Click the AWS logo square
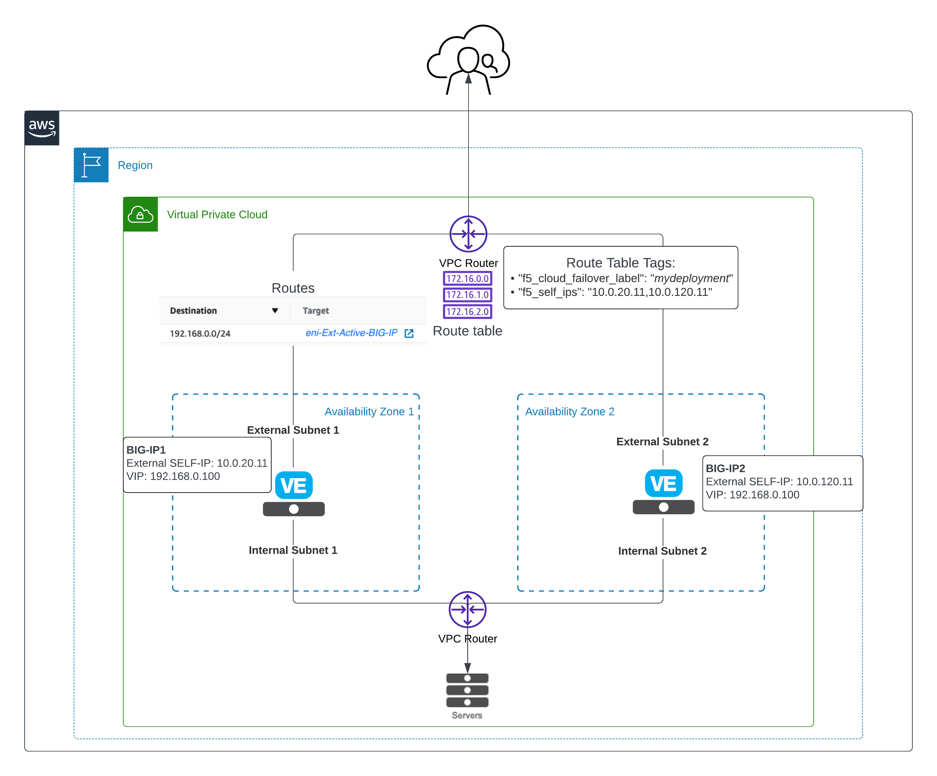coord(42,128)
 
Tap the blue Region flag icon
coord(91,165)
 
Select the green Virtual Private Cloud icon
coord(141,214)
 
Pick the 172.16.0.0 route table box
coord(467,278)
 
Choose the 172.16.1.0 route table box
coord(467,295)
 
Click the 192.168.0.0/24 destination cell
coord(200,333)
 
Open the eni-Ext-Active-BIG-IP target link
coord(351,333)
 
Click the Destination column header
coord(193,311)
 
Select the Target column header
coord(316,311)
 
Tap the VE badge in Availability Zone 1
coord(294,485)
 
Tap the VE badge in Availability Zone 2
coord(663,483)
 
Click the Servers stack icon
coord(467,690)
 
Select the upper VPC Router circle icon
coord(468,234)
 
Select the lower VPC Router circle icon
coord(467,609)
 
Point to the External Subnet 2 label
coord(662,442)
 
